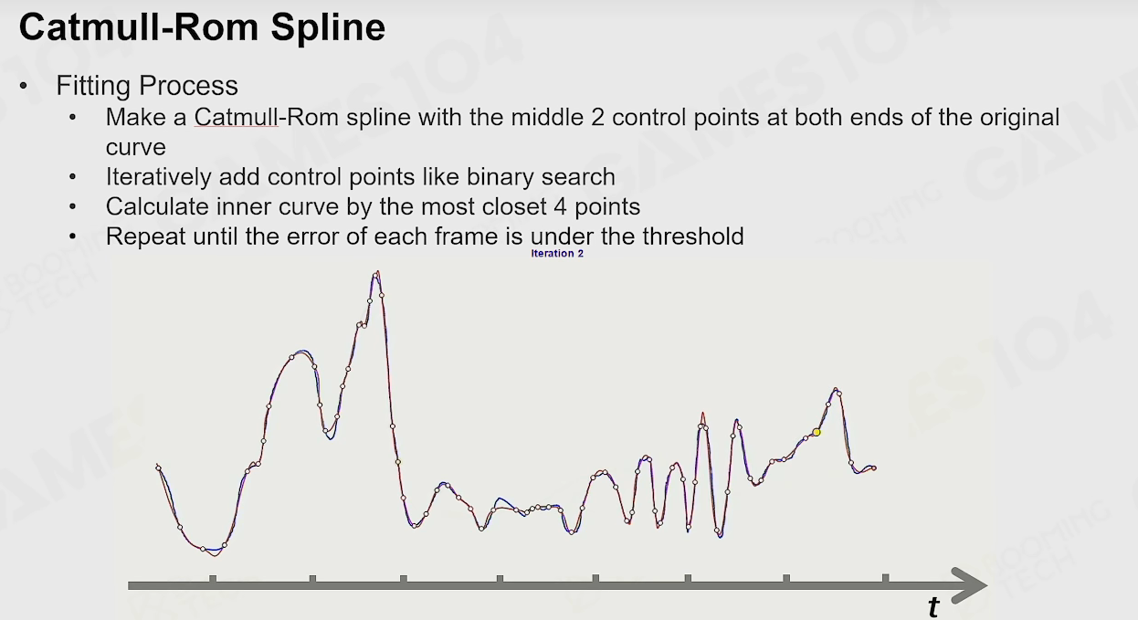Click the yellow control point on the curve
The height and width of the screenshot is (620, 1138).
817,432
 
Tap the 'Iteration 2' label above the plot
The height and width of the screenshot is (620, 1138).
557,253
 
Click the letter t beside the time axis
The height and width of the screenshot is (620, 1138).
933,607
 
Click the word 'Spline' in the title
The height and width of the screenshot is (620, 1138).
328,28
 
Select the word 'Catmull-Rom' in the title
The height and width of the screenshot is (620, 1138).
139,26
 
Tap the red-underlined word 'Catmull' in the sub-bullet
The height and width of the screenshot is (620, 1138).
237,117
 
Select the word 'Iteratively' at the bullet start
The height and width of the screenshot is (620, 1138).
159,178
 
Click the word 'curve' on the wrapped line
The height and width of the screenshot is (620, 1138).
136,148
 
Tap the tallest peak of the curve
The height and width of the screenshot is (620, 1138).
377,272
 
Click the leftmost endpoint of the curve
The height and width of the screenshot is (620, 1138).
158,468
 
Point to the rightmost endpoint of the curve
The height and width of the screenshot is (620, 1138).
874,468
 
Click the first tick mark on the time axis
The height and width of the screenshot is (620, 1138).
213,580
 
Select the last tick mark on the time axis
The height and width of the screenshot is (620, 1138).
886,578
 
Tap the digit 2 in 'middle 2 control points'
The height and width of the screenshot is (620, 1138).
598,117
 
